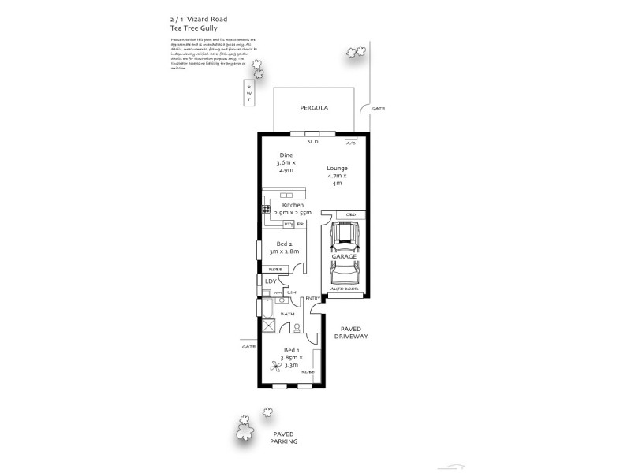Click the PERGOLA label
[x=313, y=108]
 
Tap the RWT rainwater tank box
[x=249, y=93]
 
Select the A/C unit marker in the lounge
[x=351, y=143]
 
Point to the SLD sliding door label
[x=312, y=142]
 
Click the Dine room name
[x=274, y=155]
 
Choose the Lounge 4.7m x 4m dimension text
[x=337, y=176]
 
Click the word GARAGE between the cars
[x=344, y=257]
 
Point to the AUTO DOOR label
[x=344, y=289]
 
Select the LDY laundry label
[x=271, y=281]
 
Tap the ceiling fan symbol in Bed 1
[x=274, y=366]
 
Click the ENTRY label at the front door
[x=312, y=298]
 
